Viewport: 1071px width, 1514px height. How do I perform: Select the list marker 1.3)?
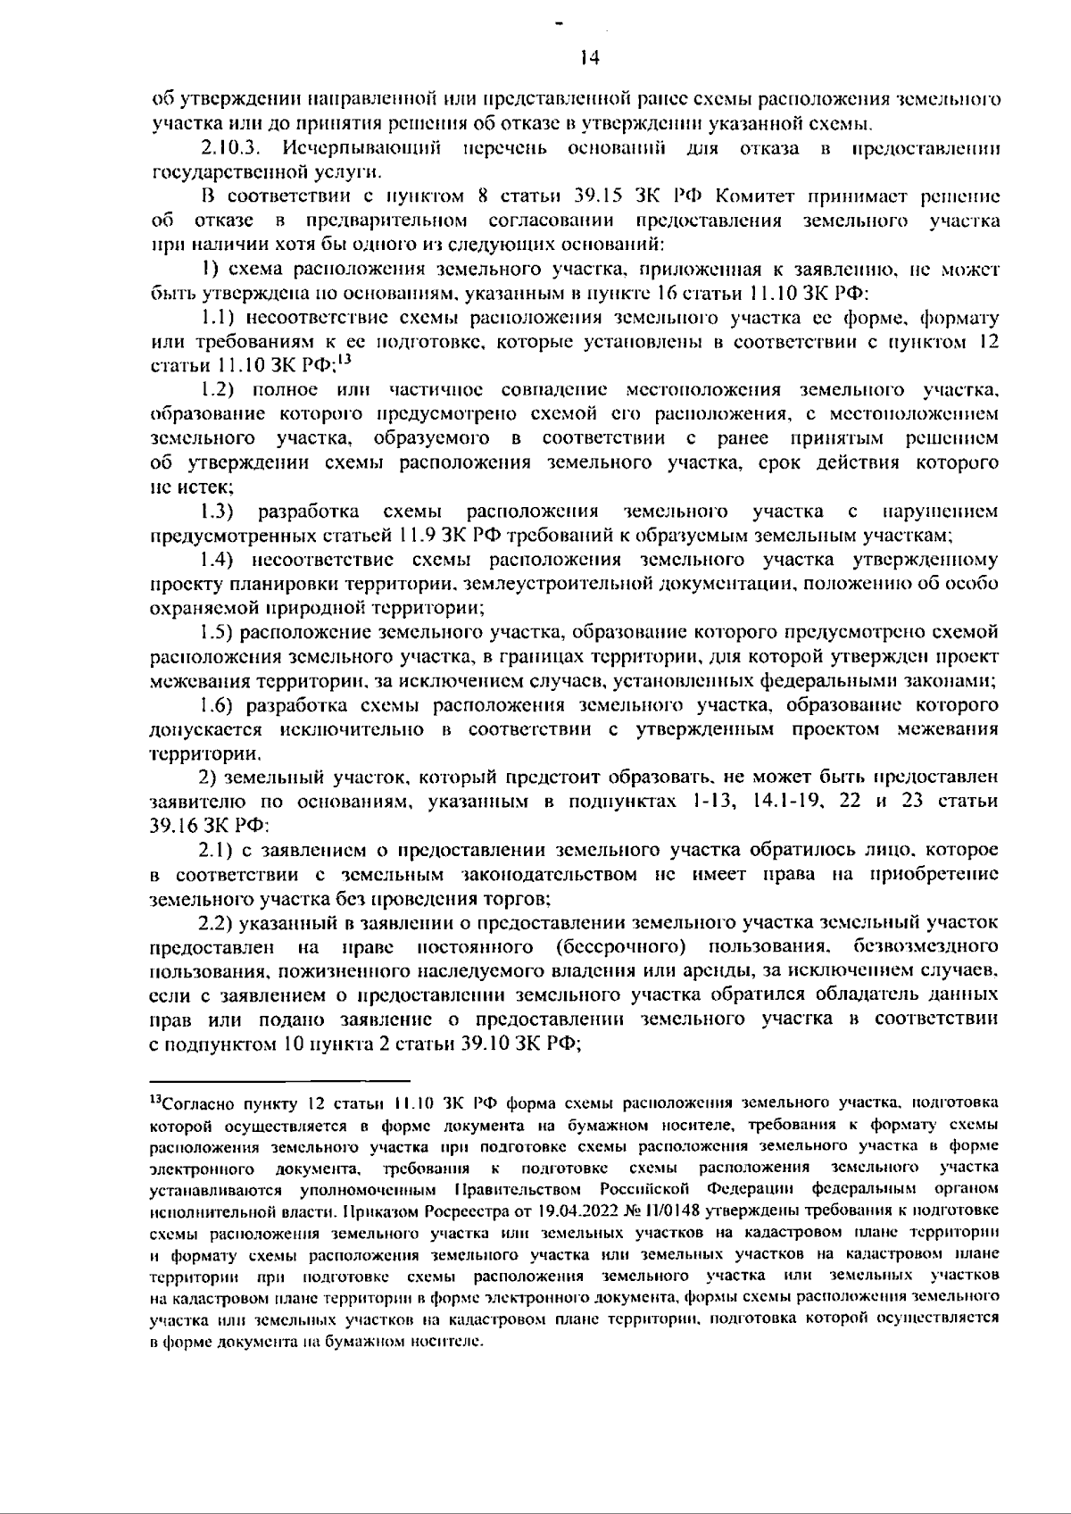pyautogui.click(x=217, y=512)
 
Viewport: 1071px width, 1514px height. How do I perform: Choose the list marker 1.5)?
pyautogui.click(x=217, y=633)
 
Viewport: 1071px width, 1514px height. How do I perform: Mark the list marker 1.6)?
pyautogui.click(x=217, y=706)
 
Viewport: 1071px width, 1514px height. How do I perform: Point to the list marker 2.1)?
pyautogui.click(x=217, y=850)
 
